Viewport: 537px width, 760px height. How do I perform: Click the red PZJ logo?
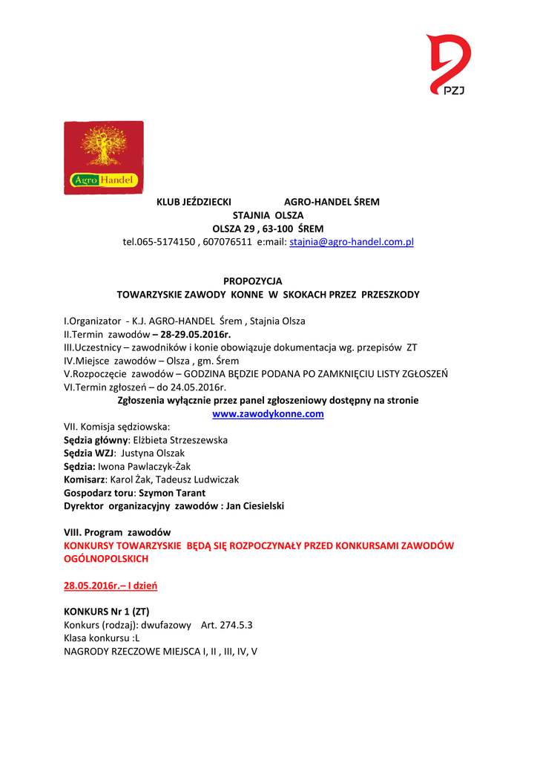pyautogui.click(x=449, y=65)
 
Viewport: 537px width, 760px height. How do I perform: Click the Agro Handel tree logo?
pyautogui.click(x=103, y=157)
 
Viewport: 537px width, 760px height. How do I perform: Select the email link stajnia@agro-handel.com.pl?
pyautogui.click(x=352, y=242)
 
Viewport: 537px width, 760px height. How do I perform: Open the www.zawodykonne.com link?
pyautogui.click(x=268, y=413)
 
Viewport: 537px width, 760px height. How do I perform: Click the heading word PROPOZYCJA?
pyautogui.click(x=253, y=281)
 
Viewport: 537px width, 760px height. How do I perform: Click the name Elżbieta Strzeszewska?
pyautogui.click(x=180, y=440)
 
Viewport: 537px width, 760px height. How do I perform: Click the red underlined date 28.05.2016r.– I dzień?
pyautogui.click(x=111, y=586)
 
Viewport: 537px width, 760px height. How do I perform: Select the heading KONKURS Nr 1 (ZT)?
pyautogui.click(x=107, y=612)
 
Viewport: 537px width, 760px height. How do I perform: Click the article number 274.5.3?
pyautogui.click(x=235, y=625)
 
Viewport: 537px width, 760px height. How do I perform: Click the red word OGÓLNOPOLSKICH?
pyautogui.click(x=106, y=558)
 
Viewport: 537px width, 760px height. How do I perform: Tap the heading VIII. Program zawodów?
pyautogui.click(x=117, y=532)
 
